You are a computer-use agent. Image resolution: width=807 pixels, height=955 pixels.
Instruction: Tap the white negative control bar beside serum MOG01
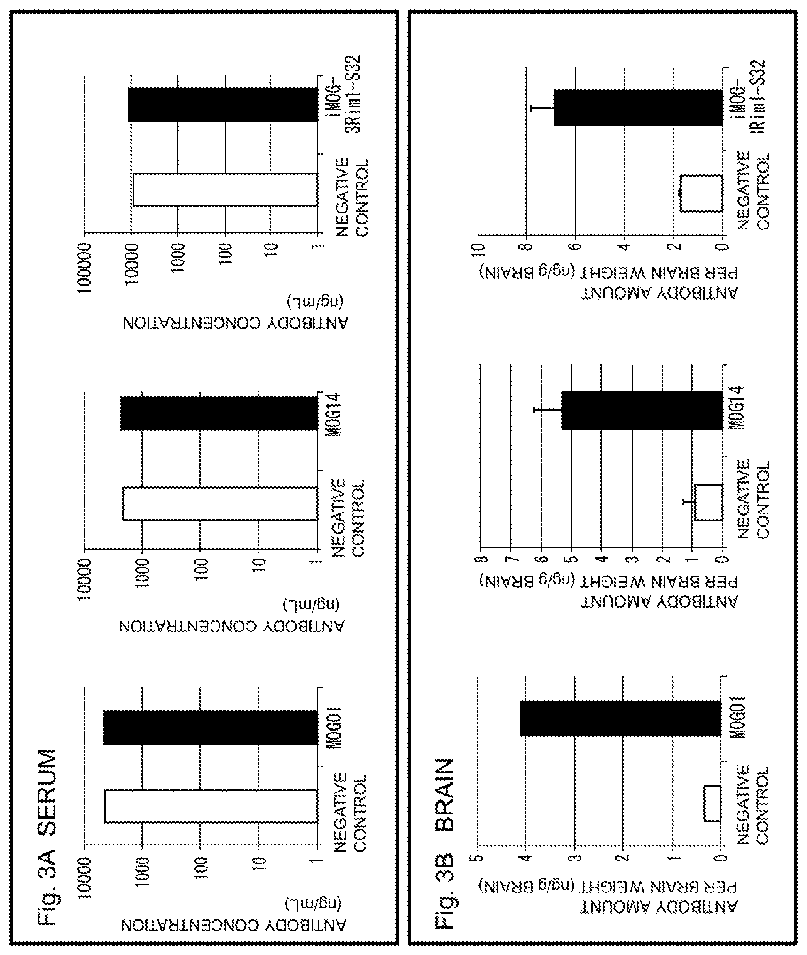pos(211,805)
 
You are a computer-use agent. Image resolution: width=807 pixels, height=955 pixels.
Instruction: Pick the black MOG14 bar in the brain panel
pos(642,410)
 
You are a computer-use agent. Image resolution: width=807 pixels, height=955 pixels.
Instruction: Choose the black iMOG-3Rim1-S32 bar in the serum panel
pos(223,104)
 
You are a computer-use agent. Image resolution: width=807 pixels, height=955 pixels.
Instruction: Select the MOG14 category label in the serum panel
pos(338,412)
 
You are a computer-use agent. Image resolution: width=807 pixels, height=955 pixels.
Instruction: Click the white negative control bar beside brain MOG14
pos(708,502)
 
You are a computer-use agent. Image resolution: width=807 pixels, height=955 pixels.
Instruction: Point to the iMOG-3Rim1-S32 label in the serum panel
pos(346,101)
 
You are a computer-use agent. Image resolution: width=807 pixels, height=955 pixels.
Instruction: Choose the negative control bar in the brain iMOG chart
pos(701,193)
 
